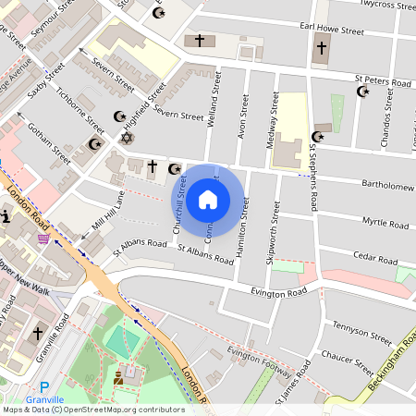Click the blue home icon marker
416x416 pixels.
tap(208, 199)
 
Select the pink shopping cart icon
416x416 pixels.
tap(43, 239)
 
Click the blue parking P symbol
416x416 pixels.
tap(43, 386)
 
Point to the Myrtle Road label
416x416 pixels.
tap(385, 222)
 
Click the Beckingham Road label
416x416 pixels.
tap(388, 366)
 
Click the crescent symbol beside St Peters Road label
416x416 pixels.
tap(362, 91)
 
